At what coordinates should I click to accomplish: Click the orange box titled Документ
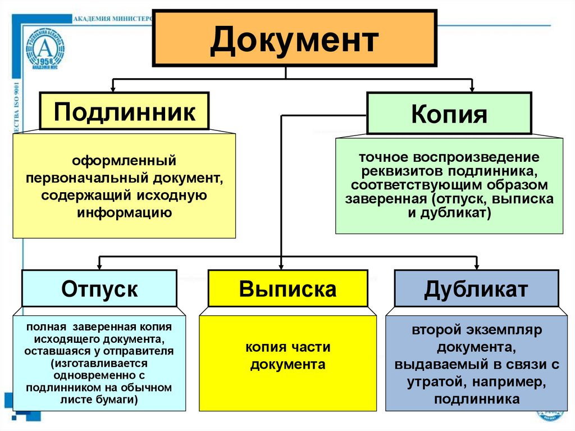[x=294, y=38]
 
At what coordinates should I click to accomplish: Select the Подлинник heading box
[x=124, y=111]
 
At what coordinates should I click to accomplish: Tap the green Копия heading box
[x=449, y=114]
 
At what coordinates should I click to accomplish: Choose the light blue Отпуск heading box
[x=99, y=289]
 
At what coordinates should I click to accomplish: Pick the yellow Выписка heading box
[x=287, y=289]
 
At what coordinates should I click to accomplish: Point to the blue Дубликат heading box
[x=476, y=289]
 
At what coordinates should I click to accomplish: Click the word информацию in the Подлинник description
[x=124, y=213]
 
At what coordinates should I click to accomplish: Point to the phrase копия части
[x=287, y=347]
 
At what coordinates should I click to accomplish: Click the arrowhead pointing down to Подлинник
[x=113, y=88]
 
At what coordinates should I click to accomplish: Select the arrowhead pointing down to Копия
[x=471, y=88]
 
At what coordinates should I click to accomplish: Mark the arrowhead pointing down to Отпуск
[x=99, y=265]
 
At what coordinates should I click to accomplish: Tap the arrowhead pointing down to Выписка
[x=281, y=265]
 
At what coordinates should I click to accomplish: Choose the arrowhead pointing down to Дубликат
[x=476, y=265]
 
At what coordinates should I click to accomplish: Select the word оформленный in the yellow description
[x=124, y=161]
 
